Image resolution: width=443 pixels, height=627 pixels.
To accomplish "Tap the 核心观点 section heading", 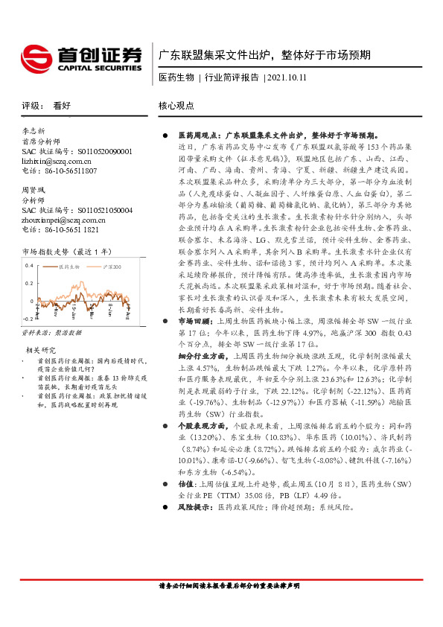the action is click(177, 106).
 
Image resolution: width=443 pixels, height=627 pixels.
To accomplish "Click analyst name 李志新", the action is click(34, 130).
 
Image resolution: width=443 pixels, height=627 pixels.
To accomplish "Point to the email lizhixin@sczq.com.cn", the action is click(57, 160).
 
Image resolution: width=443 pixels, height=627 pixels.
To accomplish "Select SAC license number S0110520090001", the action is click(97, 150).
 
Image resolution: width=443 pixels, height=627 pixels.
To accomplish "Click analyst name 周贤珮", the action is click(34, 190).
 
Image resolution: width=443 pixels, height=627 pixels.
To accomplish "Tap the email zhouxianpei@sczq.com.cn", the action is click(63, 220).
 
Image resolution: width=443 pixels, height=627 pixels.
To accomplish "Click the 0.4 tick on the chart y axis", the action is click(30, 266).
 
